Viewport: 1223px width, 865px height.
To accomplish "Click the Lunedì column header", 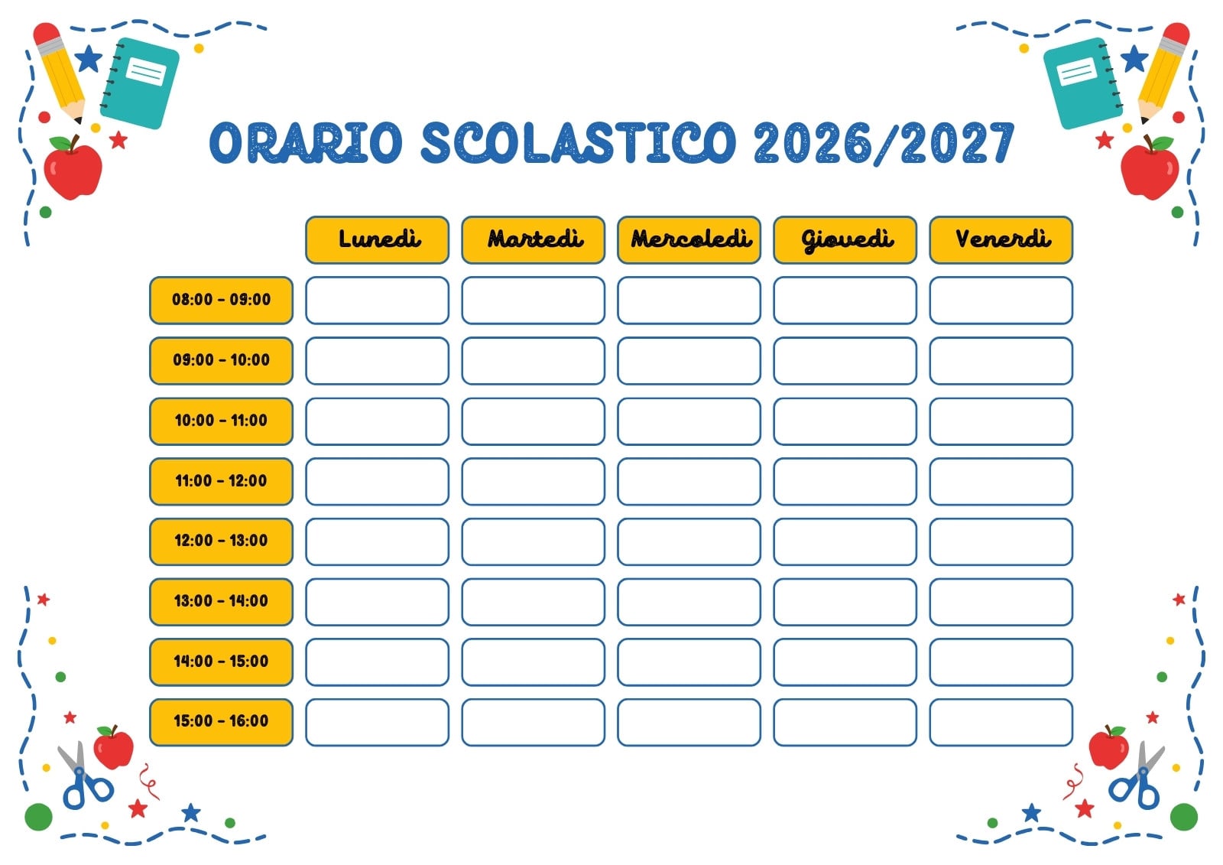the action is click(x=378, y=240).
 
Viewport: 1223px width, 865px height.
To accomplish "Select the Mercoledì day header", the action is click(x=689, y=240).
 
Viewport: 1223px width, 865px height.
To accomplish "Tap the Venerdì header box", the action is click(x=1001, y=240).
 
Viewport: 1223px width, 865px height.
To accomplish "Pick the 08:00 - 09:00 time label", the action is click(x=221, y=300).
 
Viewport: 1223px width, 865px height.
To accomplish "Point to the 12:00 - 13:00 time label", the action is click(x=221, y=541).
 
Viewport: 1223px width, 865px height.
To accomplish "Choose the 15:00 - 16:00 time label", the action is click(x=221, y=721).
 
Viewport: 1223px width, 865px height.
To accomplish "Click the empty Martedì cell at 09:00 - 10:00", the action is click(x=533, y=361).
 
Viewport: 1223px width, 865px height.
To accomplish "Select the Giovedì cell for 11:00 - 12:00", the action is click(x=845, y=481).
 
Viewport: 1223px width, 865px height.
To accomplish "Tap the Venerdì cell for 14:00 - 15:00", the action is click(x=1001, y=662).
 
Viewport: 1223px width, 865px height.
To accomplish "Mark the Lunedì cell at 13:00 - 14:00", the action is click(x=378, y=601).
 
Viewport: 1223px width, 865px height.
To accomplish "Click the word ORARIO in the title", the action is click(x=306, y=142).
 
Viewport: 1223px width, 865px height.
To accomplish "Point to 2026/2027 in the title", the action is click(x=884, y=142).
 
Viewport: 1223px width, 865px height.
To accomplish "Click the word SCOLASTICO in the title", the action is click(x=579, y=142).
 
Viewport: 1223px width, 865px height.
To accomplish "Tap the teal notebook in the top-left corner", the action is click(x=141, y=83).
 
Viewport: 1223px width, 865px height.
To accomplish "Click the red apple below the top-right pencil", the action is click(x=1150, y=168).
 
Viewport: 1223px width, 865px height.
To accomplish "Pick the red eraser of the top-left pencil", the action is click(x=46, y=33).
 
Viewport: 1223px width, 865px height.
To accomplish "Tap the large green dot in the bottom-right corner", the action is click(x=1184, y=816).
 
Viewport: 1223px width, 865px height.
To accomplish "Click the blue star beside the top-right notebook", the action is click(x=1134, y=58).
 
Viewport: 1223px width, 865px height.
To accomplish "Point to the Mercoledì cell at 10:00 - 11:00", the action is click(x=689, y=421).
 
